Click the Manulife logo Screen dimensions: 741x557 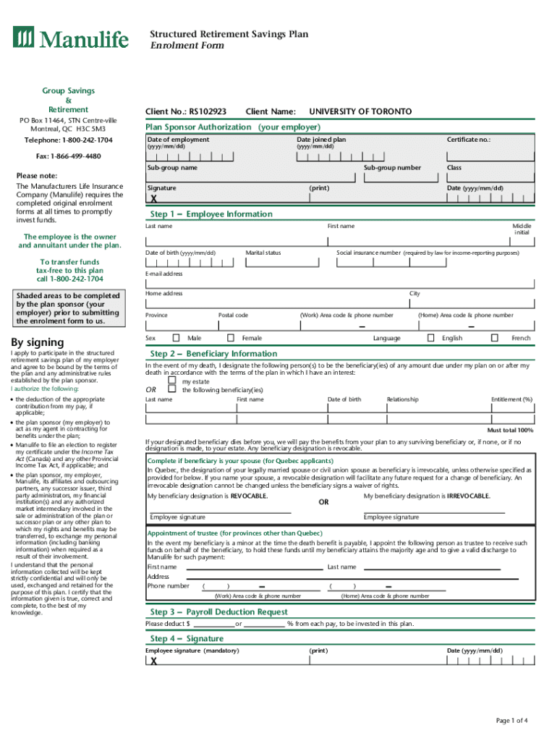70,38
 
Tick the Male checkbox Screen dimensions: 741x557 176,338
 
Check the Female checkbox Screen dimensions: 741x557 231,338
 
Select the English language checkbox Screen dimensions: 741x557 430,338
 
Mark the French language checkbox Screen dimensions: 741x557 495,338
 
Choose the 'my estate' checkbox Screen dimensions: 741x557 172,381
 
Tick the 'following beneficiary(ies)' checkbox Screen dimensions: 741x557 172,389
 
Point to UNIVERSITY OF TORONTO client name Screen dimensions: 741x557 360,111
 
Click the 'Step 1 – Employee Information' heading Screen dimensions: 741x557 211,214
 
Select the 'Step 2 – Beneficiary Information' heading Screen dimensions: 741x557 213,354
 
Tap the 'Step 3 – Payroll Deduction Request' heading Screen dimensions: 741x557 218,612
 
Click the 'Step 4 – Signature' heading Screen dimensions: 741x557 187,639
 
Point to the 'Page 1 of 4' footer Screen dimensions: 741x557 511,720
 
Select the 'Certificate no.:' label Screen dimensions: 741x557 469,139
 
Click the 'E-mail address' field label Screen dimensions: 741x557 164,274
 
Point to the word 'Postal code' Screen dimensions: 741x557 233,316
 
